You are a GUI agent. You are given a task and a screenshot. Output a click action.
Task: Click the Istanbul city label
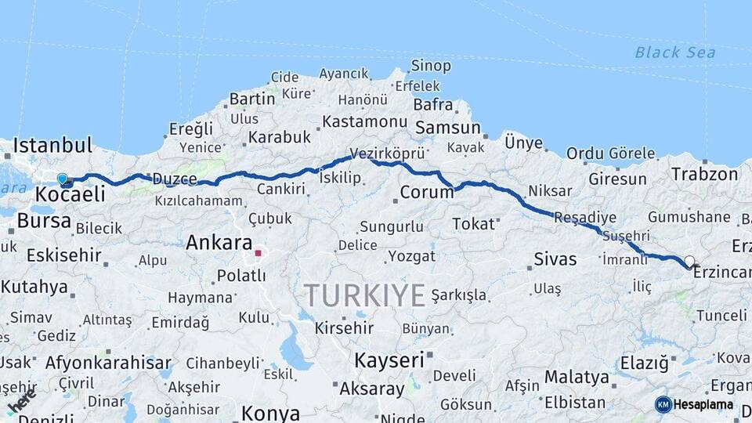click(x=53, y=145)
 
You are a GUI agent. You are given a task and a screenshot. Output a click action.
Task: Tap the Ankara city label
click(x=219, y=243)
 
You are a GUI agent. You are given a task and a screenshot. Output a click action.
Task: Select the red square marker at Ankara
click(x=258, y=253)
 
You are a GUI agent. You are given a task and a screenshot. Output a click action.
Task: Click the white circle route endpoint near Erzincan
click(x=689, y=262)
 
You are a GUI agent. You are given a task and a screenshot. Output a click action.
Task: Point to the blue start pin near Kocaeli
click(x=63, y=179)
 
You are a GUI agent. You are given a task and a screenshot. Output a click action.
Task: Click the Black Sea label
click(x=674, y=52)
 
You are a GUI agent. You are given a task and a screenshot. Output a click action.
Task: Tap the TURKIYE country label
click(x=364, y=295)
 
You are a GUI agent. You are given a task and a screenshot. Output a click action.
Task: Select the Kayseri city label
click(x=389, y=360)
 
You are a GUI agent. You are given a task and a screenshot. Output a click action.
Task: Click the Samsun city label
click(x=448, y=127)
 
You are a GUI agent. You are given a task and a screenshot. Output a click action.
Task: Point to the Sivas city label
click(x=555, y=258)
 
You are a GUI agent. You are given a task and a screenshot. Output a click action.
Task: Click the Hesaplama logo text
click(x=703, y=405)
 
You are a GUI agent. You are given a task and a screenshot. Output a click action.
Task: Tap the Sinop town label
click(x=431, y=66)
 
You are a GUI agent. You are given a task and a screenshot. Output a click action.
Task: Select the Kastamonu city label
click(x=365, y=122)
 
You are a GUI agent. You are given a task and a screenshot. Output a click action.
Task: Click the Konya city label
click(x=270, y=412)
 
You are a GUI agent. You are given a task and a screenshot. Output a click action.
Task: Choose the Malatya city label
click(x=576, y=378)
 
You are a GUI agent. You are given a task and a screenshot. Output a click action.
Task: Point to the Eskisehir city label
click(x=63, y=255)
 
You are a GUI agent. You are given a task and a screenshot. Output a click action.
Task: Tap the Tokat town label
click(x=473, y=224)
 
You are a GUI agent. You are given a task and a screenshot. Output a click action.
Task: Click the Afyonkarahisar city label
click(x=108, y=363)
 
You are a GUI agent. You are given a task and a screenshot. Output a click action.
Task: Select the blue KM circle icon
click(x=663, y=405)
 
